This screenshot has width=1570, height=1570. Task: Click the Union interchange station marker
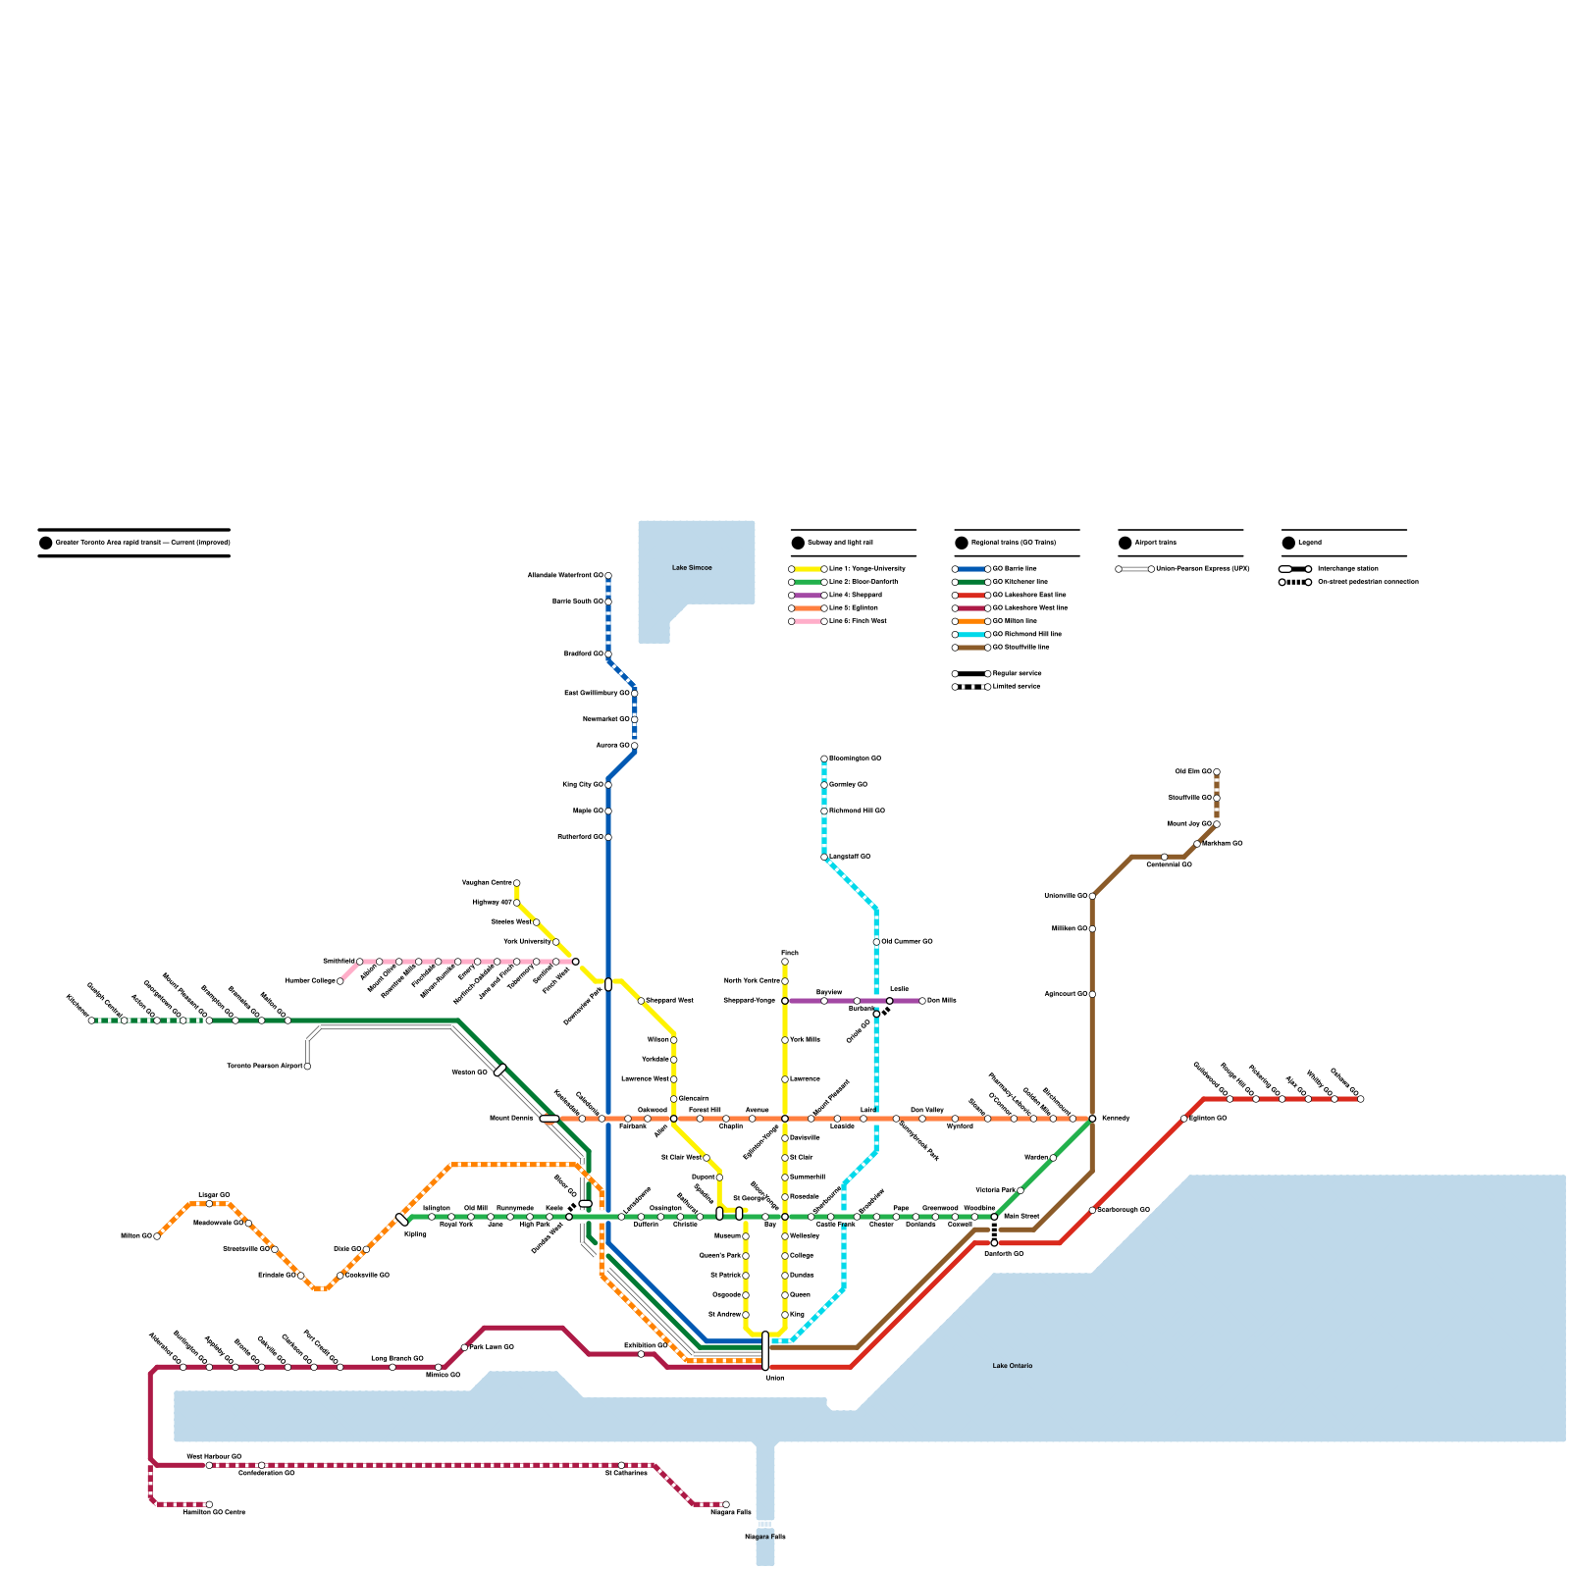(x=765, y=1351)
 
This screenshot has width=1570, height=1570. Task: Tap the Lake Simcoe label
(x=692, y=568)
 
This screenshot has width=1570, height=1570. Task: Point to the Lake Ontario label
(x=1012, y=1366)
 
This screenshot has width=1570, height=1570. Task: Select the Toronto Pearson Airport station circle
(x=307, y=1067)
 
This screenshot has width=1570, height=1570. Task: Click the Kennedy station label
(x=1116, y=1119)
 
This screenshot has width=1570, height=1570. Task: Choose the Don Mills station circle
(x=922, y=1001)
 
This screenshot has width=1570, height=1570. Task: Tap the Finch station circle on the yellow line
(x=785, y=962)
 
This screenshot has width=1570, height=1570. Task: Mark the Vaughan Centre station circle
(x=517, y=883)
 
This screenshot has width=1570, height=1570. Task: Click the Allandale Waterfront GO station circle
(x=608, y=576)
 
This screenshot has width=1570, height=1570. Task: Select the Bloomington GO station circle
(x=824, y=759)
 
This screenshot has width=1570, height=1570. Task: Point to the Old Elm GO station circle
(x=1217, y=772)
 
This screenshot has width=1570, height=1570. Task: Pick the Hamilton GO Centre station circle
(x=209, y=1504)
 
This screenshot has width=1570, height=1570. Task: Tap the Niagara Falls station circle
(x=726, y=1504)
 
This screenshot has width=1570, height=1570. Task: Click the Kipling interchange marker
(x=401, y=1220)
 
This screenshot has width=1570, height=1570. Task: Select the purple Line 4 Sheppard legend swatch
(x=808, y=596)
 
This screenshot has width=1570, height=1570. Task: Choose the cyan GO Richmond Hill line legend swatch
(x=971, y=635)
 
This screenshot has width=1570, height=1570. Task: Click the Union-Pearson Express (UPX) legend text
(x=1203, y=569)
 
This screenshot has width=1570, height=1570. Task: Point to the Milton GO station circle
(x=157, y=1236)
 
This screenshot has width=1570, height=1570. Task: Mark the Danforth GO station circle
(x=994, y=1243)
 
